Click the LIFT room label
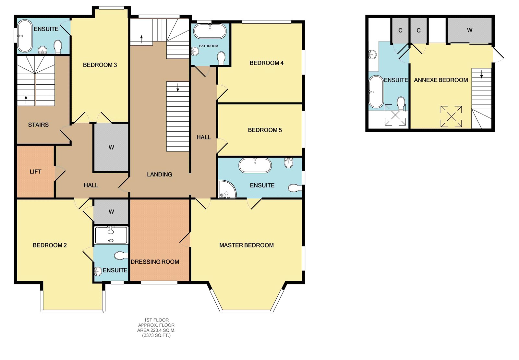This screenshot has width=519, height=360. point(35,172)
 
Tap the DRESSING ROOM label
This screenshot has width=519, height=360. point(155,262)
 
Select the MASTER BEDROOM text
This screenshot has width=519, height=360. point(247,245)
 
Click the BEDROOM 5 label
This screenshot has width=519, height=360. point(265,130)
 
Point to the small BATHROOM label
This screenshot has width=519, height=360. point(209,46)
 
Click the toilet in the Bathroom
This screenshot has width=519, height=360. point(222,58)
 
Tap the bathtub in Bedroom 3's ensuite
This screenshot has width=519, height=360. point(25,36)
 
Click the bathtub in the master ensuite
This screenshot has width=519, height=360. point(255,165)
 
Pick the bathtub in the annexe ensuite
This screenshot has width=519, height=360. point(376,92)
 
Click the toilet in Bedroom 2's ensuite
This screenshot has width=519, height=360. point(121,256)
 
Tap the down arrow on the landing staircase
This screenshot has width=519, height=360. point(178,88)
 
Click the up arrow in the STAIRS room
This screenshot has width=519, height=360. point(26,99)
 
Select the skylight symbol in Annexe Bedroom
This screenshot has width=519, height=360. point(451,116)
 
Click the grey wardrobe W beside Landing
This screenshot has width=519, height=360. point(111,148)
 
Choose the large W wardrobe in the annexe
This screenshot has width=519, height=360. point(469,30)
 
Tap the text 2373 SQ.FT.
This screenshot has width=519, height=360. point(156,335)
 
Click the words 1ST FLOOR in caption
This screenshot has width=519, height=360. point(156,320)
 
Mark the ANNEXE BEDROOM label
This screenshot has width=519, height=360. point(441,80)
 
